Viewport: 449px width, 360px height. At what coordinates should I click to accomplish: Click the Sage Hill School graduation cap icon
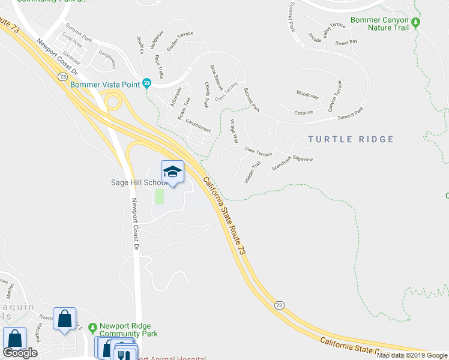(x=172, y=172)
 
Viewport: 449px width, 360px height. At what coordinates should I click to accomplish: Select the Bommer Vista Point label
(x=104, y=85)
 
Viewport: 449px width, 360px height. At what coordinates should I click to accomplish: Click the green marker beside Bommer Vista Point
(x=146, y=84)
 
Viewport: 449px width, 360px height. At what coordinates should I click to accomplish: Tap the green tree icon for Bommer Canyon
(x=416, y=23)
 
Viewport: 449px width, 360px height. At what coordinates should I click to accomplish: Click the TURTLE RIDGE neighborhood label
(x=351, y=139)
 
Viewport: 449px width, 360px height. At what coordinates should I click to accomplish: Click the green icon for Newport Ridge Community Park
(x=92, y=328)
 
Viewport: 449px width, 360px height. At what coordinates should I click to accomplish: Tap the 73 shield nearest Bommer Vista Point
(x=62, y=77)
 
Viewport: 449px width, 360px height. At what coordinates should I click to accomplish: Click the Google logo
(x=20, y=353)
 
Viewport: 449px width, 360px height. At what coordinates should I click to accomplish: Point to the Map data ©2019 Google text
(x=412, y=355)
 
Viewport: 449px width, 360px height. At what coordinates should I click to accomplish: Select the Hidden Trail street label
(x=252, y=172)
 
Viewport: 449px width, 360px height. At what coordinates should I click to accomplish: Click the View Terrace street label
(x=259, y=150)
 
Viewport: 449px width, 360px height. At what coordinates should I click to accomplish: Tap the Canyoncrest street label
(x=199, y=125)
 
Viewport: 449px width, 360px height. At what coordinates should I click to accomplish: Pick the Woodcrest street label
(x=307, y=94)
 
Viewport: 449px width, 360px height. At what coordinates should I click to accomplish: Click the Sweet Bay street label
(x=346, y=42)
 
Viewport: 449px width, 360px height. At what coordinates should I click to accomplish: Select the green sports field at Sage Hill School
(x=159, y=196)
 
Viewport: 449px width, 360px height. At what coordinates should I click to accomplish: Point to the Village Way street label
(x=235, y=130)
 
